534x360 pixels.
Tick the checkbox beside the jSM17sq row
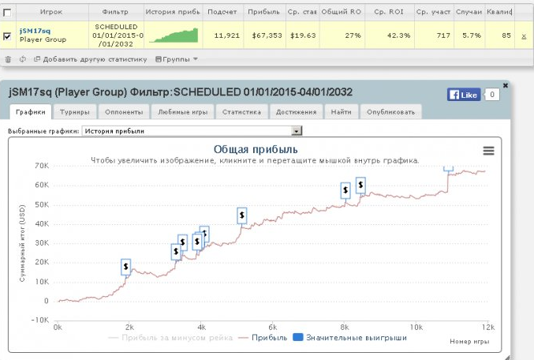coord(8,36)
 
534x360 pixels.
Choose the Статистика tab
coord(241,112)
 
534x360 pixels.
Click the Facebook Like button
coord(463,95)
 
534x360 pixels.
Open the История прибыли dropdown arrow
coord(297,131)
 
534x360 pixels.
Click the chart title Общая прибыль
coord(256,149)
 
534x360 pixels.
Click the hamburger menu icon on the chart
coord(488,151)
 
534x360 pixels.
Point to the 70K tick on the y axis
coord(42,166)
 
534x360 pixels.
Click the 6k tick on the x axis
coord(273,327)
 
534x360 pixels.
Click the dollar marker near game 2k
coord(125,267)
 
